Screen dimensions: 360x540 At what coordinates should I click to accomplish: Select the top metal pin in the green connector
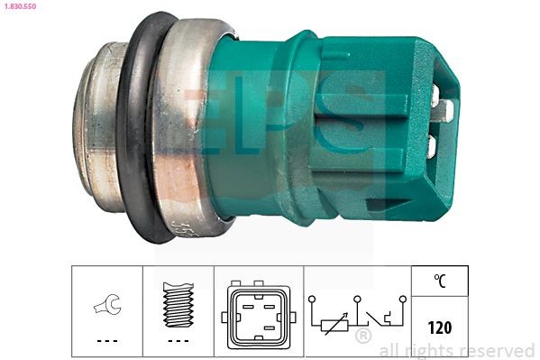[x=435, y=92]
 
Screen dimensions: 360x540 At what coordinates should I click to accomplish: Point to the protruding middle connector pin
[x=444, y=110]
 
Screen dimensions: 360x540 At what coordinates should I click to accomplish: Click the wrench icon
[x=106, y=309]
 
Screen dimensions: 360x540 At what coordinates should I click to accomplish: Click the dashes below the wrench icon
[x=106, y=340]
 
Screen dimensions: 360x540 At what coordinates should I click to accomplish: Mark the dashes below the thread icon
[x=178, y=340]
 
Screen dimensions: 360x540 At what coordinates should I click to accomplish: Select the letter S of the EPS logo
[x=347, y=122]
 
